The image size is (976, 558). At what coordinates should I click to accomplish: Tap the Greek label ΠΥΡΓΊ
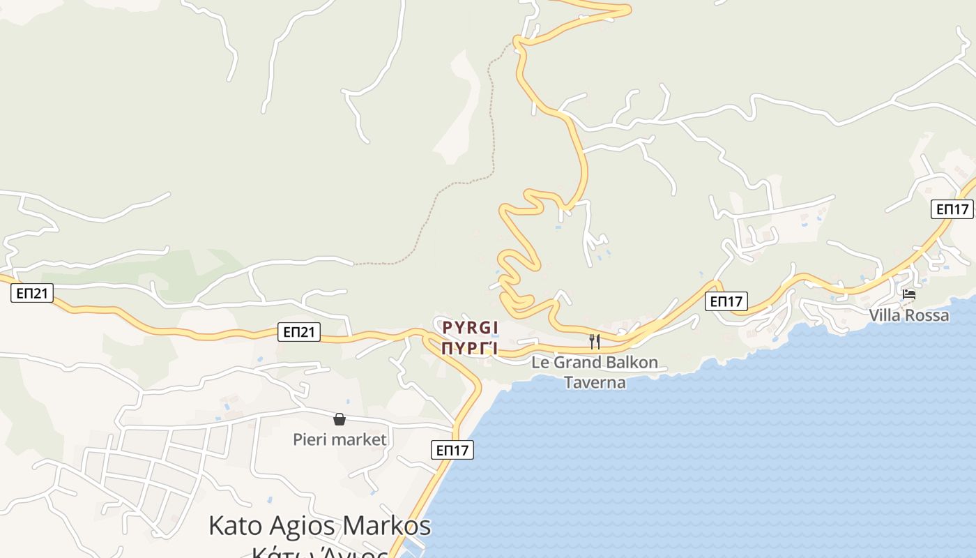point(471,347)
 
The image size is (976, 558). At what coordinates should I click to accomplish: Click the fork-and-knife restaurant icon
point(595,341)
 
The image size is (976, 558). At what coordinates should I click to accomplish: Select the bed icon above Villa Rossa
point(909,294)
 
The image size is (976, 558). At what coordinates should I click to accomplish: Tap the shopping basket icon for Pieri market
point(340,418)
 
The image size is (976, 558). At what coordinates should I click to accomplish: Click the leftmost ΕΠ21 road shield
point(32,293)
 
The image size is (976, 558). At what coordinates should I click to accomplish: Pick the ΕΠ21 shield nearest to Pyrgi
point(299,332)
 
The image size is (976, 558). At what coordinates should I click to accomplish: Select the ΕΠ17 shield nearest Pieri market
point(452,450)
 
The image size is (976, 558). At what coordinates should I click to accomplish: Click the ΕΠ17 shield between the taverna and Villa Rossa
point(726,301)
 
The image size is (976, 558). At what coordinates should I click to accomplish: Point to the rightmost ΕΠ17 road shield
point(952,209)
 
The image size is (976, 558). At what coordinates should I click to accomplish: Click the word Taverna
point(595,382)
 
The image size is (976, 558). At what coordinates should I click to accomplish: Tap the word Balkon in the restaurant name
point(632,363)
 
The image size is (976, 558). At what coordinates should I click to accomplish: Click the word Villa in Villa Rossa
point(884,315)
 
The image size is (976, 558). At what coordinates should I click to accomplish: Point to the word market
point(360,439)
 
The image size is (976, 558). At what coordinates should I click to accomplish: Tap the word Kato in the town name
point(234,526)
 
